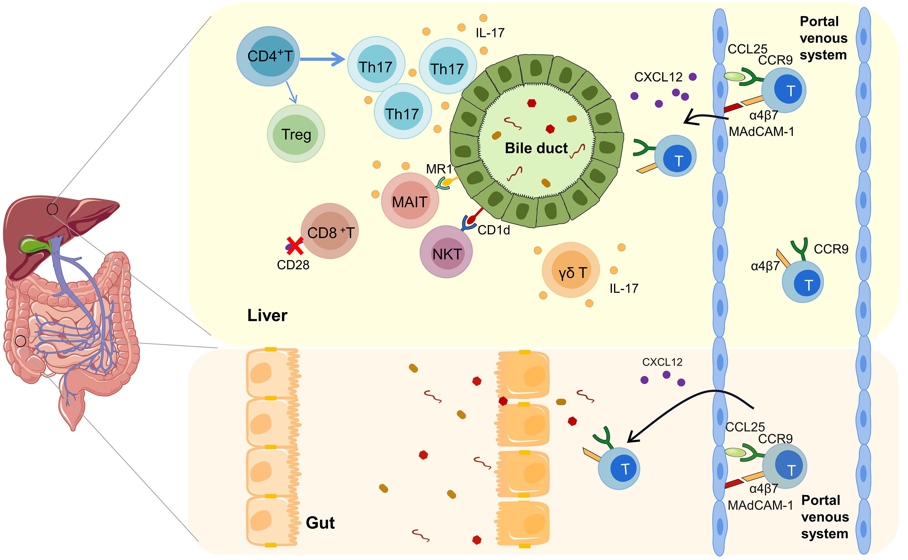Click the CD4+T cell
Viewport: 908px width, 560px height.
tap(268, 56)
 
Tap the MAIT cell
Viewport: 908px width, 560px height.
tap(410, 201)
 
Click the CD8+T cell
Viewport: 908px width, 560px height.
tap(330, 231)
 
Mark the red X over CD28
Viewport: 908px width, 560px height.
tap(295, 246)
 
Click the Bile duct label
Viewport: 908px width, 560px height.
tap(536, 148)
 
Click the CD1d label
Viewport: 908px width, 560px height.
tap(494, 230)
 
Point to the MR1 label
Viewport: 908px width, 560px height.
tap(439, 169)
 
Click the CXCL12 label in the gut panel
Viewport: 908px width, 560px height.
tap(662, 362)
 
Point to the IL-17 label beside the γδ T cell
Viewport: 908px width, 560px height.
tap(624, 288)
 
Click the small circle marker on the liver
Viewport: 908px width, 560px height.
tap(52, 209)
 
